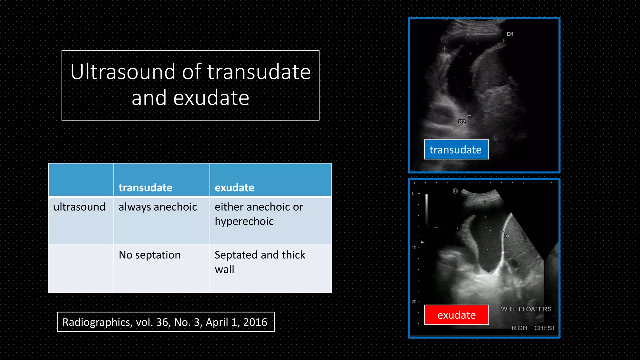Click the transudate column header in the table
point(145,187)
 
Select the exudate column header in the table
point(234,187)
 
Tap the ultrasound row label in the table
point(79,207)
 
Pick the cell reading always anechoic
point(158,207)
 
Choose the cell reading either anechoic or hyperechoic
point(259,214)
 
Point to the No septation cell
point(150,255)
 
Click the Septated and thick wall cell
point(260,262)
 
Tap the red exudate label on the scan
point(456,315)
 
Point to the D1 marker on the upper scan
point(510,34)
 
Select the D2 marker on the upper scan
point(462,122)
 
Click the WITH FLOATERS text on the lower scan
point(526,309)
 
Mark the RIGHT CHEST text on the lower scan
point(533,328)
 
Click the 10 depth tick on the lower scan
point(414,248)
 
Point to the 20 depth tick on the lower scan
point(414,302)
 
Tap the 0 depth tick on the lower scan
point(413,194)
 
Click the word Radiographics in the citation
point(97,322)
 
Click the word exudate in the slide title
point(211,98)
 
